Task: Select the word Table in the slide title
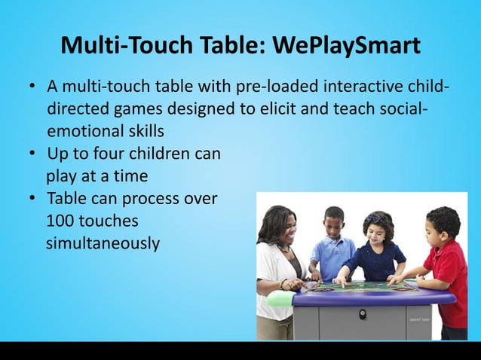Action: point(228,46)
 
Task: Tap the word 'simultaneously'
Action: point(103,244)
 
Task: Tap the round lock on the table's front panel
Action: point(362,313)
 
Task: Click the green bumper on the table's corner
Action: point(279,299)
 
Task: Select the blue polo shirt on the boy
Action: point(332,257)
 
